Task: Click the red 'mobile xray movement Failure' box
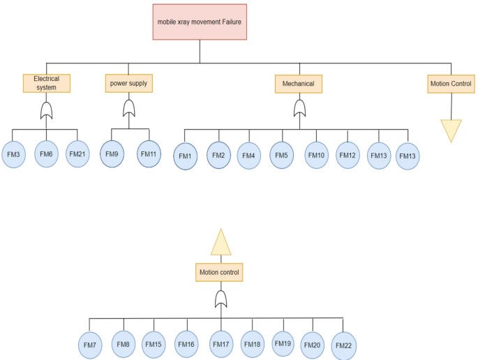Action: tap(200, 22)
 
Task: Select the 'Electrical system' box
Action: tap(46, 84)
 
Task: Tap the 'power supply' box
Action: tap(128, 84)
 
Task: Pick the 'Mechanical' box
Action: tap(298, 84)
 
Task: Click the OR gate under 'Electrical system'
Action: tap(47, 110)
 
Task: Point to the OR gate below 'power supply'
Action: tap(129, 108)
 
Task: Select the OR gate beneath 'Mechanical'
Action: tap(299, 109)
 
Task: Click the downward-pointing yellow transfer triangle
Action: tap(451, 129)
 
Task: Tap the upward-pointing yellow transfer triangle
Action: tap(221, 243)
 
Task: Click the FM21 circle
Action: tap(77, 154)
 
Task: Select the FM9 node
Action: tap(112, 154)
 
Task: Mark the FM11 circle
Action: tap(149, 154)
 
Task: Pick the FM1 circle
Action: tap(185, 156)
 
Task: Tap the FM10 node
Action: tap(316, 156)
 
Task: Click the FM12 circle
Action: tap(348, 155)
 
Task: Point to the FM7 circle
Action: tap(90, 345)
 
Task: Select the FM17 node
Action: tap(221, 345)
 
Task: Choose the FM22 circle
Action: tap(343, 346)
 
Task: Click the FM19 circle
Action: tap(283, 344)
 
